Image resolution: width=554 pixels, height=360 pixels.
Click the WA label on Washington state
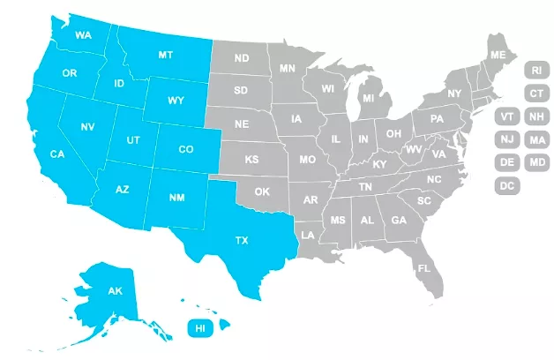85,35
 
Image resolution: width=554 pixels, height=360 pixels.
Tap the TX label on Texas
241,240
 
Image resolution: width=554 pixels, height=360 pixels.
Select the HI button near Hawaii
200,327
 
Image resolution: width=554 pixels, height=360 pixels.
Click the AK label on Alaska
115,291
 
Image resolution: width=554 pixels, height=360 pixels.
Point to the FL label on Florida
423,268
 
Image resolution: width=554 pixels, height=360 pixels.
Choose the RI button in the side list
535,70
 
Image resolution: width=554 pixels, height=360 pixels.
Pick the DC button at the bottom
507,185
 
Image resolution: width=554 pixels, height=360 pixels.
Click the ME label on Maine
498,56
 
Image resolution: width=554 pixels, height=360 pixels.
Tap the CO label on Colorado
186,149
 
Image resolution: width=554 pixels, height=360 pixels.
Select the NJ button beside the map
507,139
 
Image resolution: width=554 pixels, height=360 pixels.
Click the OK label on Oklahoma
262,191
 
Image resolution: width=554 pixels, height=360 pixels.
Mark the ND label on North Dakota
241,59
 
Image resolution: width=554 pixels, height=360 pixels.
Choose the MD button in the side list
535,162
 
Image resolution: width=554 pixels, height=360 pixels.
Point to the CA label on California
57,155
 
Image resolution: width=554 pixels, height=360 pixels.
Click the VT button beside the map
507,116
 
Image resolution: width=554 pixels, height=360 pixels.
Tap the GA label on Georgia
399,221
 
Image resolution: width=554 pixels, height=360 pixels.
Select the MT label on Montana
165,55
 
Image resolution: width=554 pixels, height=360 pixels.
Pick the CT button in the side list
535,93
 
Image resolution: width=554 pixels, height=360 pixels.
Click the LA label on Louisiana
308,236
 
